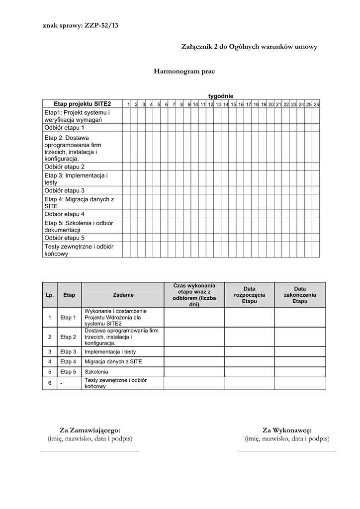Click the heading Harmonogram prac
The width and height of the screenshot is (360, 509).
(x=184, y=72)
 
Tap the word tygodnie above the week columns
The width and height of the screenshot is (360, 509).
(x=220, y=96)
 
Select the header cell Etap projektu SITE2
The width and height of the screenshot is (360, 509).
(x=82, y=104)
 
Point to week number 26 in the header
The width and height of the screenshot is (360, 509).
(x=316, y=104)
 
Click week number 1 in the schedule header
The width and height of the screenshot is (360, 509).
(x=129, y=104)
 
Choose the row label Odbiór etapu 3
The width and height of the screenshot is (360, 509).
(x=65, y=190)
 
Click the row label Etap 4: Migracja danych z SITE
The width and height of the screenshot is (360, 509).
(x=80, y=202)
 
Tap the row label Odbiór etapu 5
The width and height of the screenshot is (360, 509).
(x=65, y=238)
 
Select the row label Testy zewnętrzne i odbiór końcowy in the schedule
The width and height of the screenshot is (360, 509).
(x=79, y=250)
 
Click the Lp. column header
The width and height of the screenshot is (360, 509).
(x=49, y=295)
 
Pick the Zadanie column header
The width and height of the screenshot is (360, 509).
(x=123, y=295)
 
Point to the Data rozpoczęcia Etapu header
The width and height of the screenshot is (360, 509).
(x=249, y=295)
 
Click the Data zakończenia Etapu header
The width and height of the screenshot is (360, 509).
(x=300, y=295)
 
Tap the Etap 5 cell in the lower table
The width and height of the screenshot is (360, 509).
(x=68, y=371)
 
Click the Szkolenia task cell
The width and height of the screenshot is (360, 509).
(x=96, y=371)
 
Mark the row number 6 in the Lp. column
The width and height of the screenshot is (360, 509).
(x=49, y=383)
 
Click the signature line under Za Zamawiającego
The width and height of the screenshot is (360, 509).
(x=90, y=450)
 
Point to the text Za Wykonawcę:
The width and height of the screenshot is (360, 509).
(x=287, y=430)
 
